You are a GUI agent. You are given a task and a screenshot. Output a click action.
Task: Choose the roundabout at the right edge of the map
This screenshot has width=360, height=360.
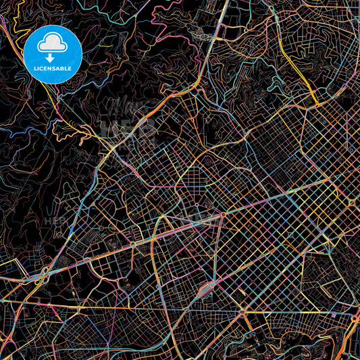click(352, 202)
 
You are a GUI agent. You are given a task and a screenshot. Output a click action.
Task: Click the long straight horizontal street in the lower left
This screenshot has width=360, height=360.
click(101, 303)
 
